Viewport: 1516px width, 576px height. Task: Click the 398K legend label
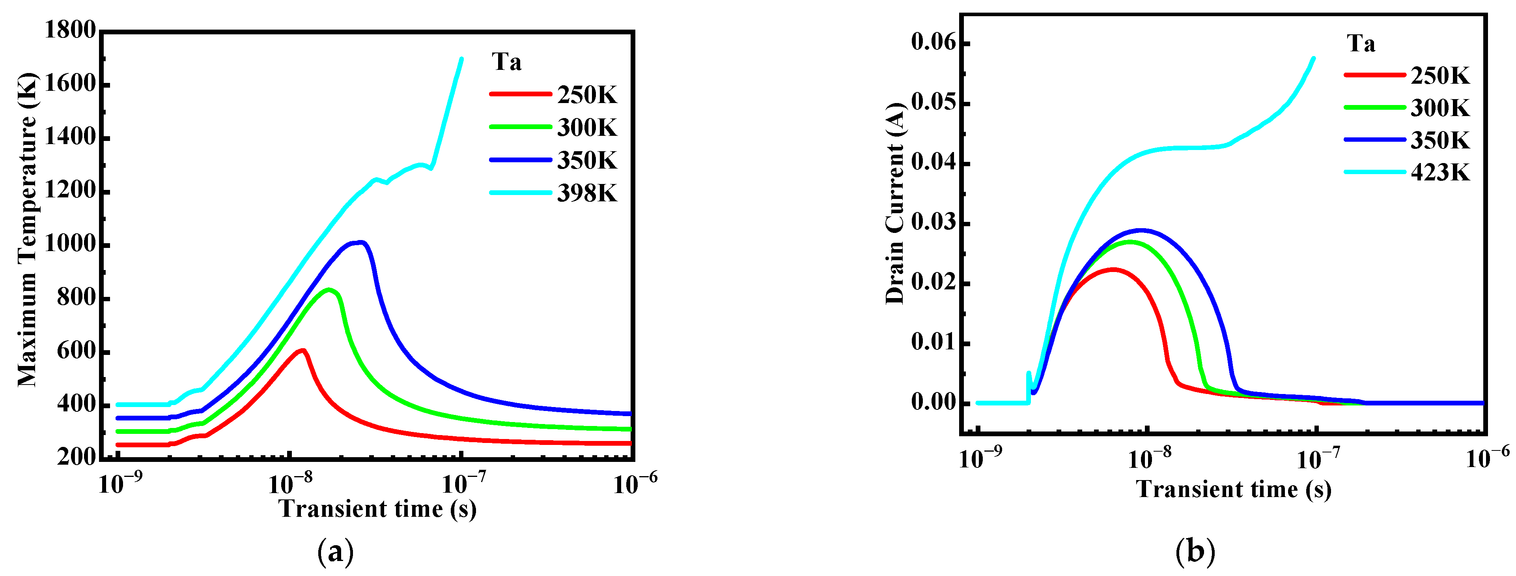coord(587,193)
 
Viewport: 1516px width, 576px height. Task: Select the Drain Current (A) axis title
coord(894,204)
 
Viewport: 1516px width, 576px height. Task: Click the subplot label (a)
coord(336,552)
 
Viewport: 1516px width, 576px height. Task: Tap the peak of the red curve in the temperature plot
coord(302,351)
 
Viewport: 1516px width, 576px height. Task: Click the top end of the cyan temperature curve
coord(461,59)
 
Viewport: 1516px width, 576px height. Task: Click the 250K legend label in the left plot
coord(587,95)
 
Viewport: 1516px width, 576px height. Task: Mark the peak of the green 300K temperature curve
coord(330,289)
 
